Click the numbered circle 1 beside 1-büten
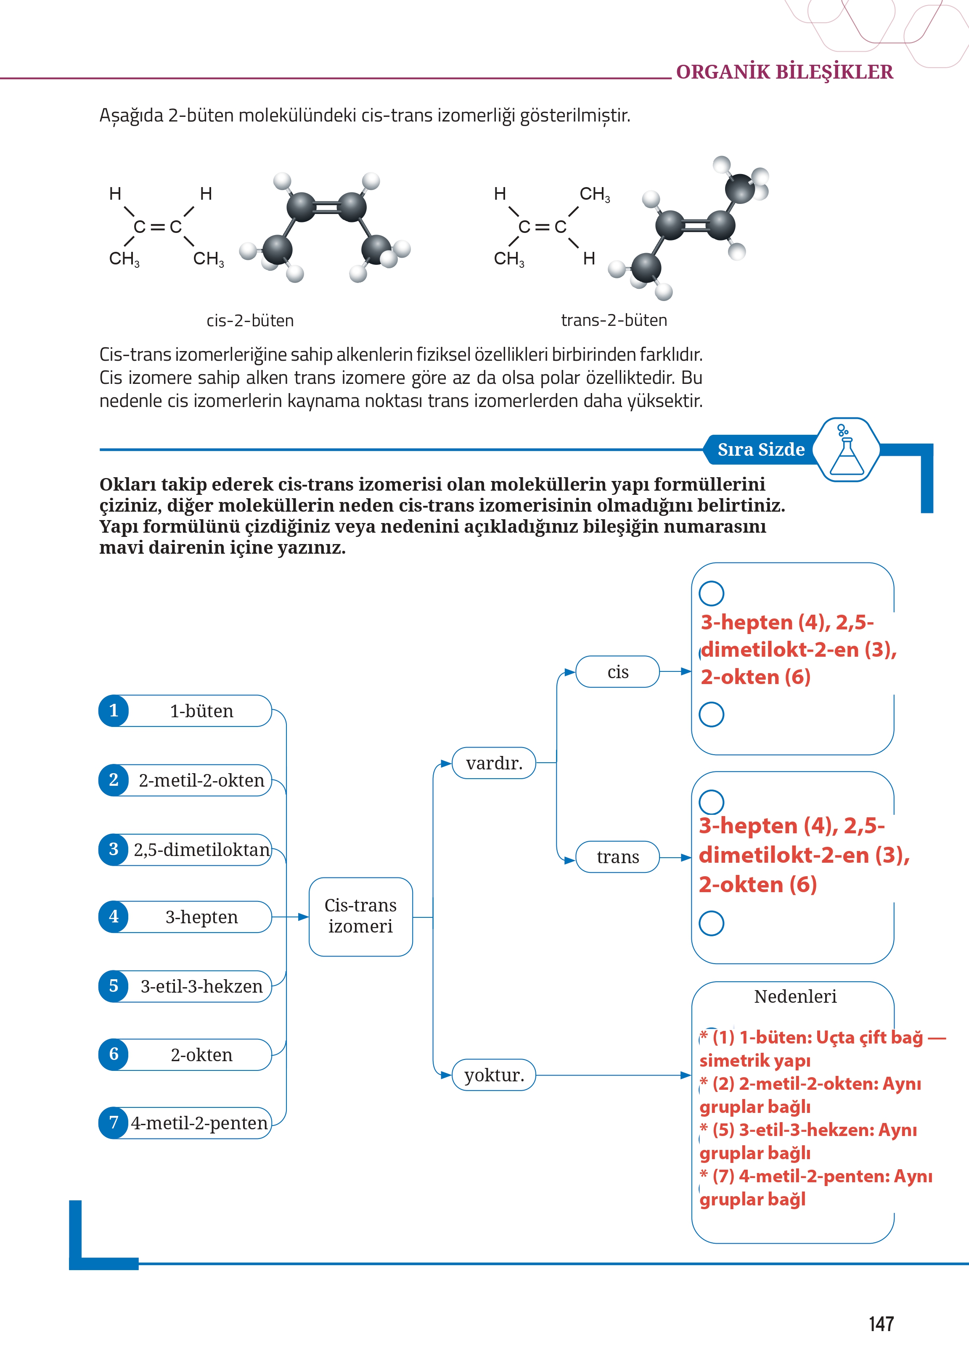click(114, 711)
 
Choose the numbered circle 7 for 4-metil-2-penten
click(114, 1123)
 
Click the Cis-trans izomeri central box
click(360, 916)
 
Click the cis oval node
click(617, 672)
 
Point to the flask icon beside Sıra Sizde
click(846, 450)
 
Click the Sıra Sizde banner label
click(761, 449)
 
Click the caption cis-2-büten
click(250, 321)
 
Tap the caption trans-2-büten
click(614, 320)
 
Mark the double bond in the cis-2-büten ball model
click(326, 207)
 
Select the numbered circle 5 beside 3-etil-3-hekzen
click(114, 986)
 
